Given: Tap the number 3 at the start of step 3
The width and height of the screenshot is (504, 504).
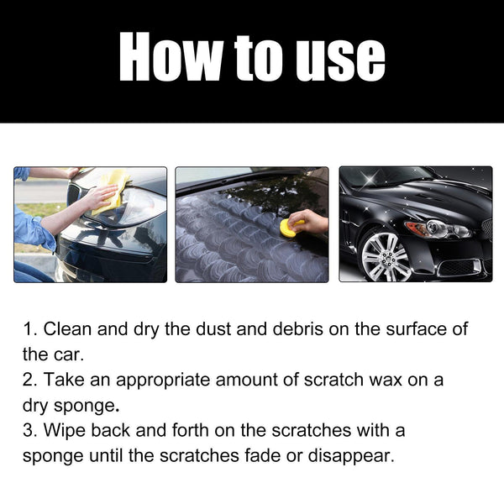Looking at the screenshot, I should click(28, 431).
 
